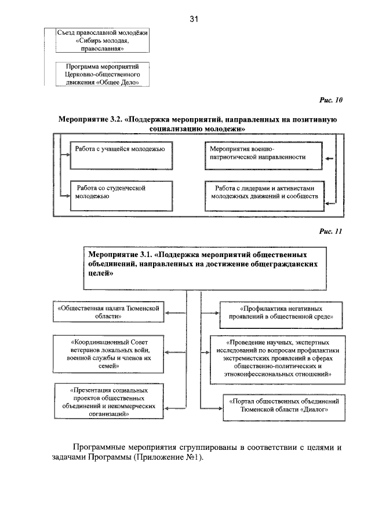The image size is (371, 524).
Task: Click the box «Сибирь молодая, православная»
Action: pos(102,41)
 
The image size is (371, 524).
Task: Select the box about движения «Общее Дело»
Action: pos(102,75)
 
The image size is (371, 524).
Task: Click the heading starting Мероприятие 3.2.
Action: pos(198,123)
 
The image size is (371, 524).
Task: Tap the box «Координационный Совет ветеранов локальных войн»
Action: pos(110,354)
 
